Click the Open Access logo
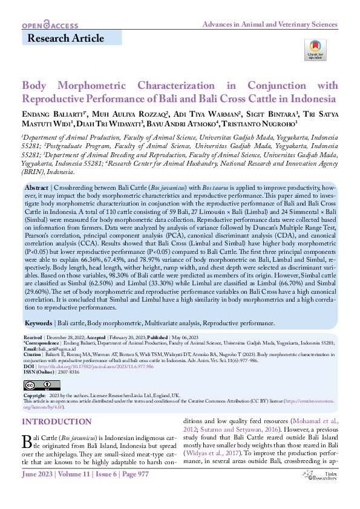[x=50, y=25]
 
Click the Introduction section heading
[x=56, y=421]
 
